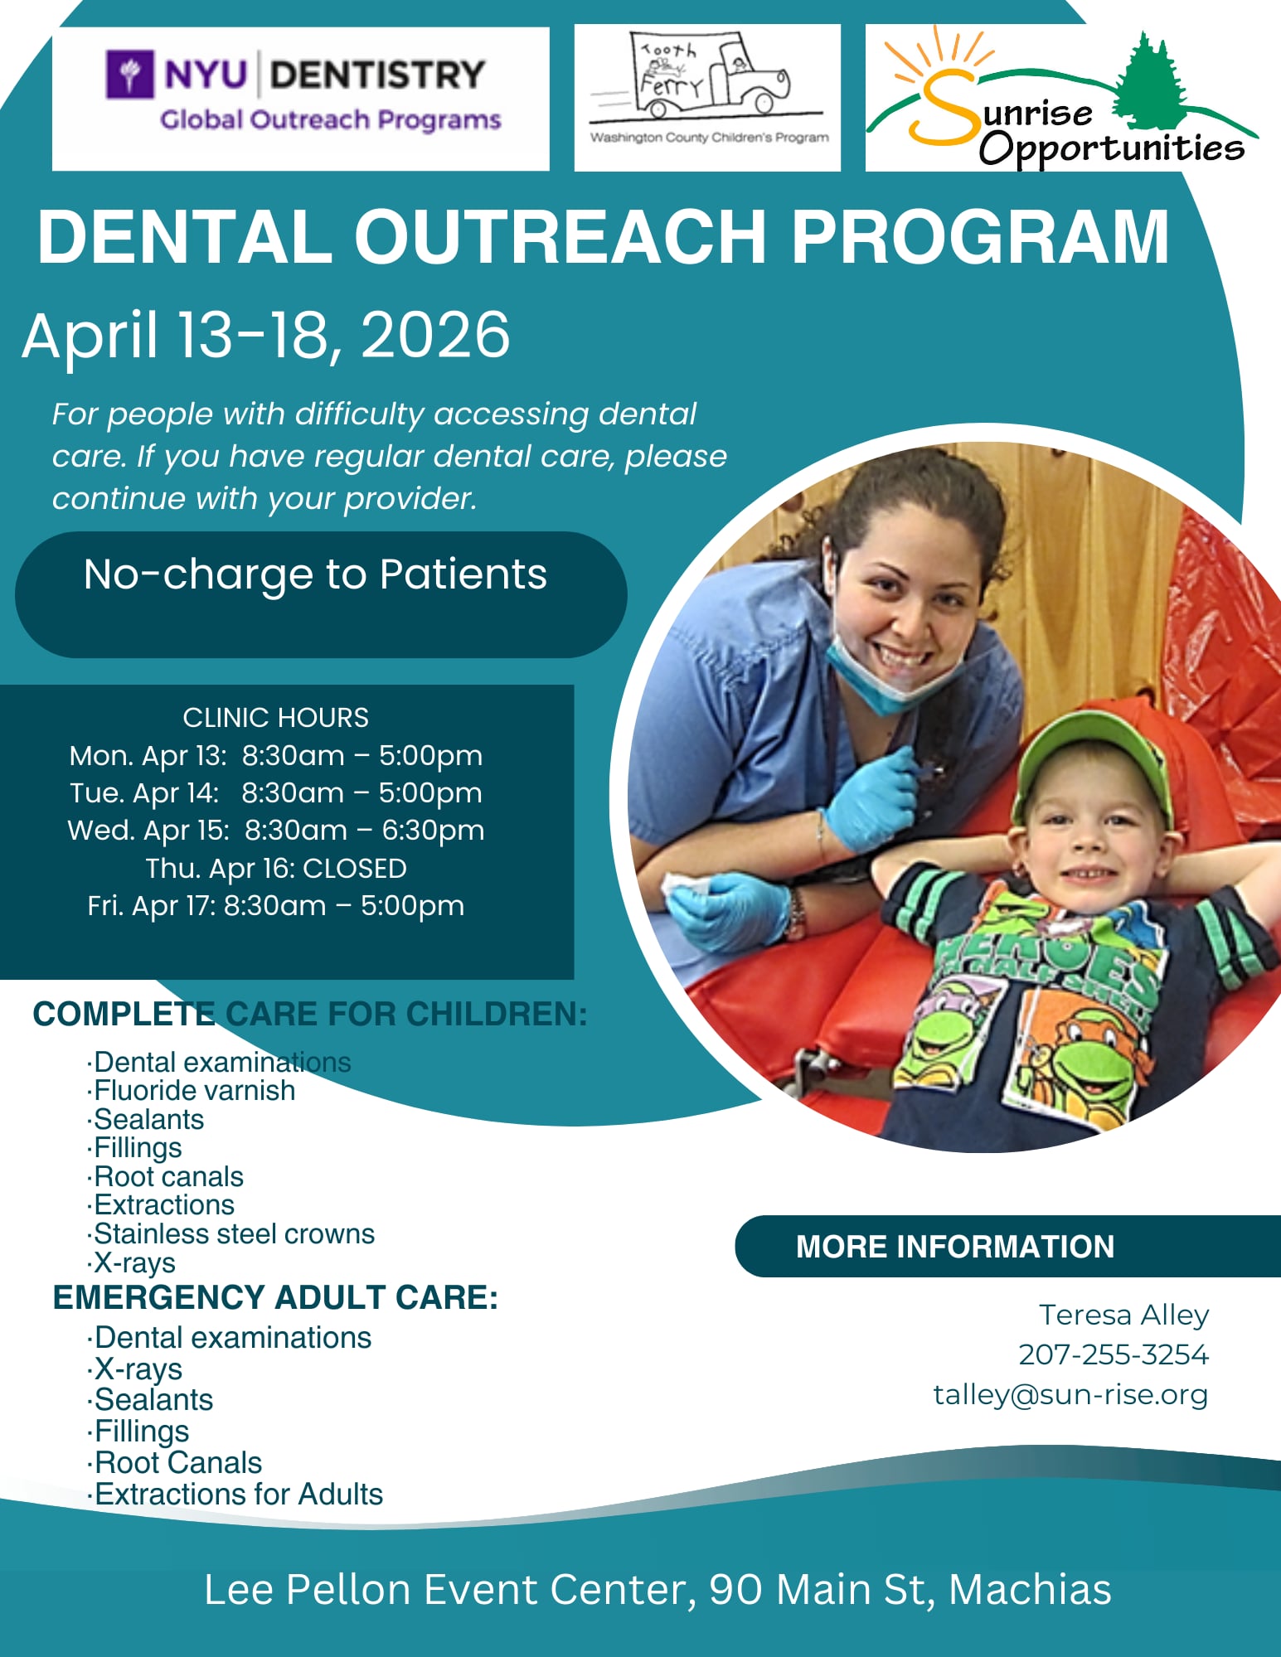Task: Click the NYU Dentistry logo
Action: click(303, 92)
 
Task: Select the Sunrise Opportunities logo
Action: click(1061, 98)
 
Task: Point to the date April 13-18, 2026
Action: click(266, 335)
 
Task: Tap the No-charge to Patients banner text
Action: click(315, 574)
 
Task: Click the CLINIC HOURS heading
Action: click(275, 717)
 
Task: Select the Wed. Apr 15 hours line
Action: click(276, 830)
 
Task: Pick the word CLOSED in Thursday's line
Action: click(355, 868)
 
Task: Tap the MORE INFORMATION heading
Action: click(955, 1247)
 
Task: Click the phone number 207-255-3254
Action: click(1114, 1354)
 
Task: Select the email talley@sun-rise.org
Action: click(1070, 1394)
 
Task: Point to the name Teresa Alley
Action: click(1124, 1315)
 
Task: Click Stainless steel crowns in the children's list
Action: click(234, 1233)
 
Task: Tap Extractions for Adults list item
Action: click(238, 1494)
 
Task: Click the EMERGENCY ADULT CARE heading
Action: click(275, 1297)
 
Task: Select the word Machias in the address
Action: click(1030, 1589)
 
